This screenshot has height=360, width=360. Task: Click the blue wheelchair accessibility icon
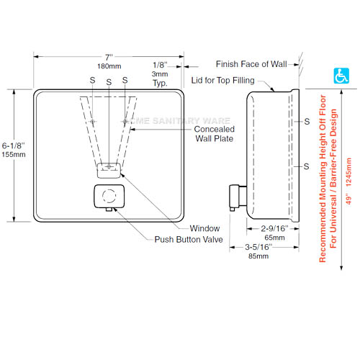[x=341, y=76]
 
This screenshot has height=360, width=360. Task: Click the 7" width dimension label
[x=109, y=58]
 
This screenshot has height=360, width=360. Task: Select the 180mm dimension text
[x=109, y=66]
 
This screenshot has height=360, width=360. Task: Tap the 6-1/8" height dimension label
[x=14, y=145]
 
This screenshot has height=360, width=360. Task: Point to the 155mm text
[x=14, y=154]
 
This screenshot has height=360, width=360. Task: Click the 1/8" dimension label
[x=160, y=65]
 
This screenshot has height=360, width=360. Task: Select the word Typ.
[x=160, y=83]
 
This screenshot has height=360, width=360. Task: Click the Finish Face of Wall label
[x=251, y=64]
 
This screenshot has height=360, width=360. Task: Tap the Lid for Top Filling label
[x=222, y=80]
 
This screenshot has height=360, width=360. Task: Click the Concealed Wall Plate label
[x=215, y=134]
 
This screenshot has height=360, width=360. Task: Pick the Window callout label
[x=204, y=228]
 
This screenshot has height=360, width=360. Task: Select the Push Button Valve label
[x=189, y=239]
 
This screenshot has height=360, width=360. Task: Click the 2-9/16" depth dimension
[x=274, y=228]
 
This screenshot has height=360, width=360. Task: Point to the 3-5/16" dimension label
[x=258, y=247]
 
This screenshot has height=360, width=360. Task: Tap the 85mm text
[x=258, y=256]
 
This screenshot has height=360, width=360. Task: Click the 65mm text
[x=274, y=238]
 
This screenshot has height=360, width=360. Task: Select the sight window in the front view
[x=109, y=171]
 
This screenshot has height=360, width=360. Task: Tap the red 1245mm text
[x=348, y=172]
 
